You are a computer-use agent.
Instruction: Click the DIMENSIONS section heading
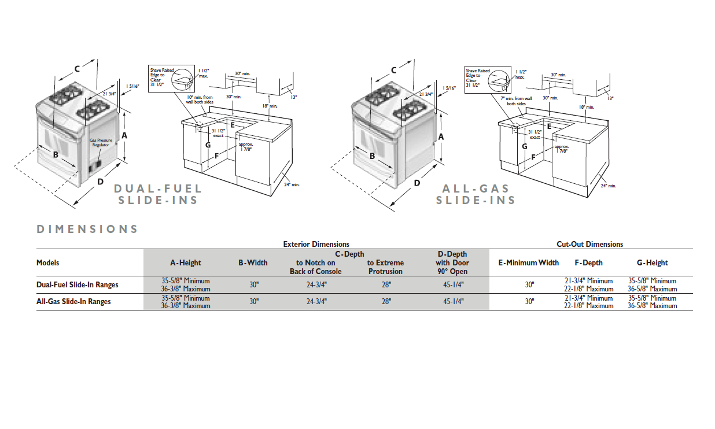click(x=87, y=229)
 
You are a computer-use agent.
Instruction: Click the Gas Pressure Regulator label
click(x=101, y=143)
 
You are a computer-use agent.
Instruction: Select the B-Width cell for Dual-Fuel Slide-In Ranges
click(x=253, y=284)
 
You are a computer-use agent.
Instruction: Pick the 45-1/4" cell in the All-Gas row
click(x=453, y=301)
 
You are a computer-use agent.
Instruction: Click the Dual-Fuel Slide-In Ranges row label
click(x=78, y=284)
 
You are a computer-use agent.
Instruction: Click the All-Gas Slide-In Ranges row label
click(x=73, y=301)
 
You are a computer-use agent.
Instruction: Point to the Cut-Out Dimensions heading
click(x=589, y=244)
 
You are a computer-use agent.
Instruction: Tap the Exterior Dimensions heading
click(x=316, y=244)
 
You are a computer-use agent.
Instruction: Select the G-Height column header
click(x=652, y=262)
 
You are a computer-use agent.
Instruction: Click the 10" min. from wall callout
click(x=200, y=99)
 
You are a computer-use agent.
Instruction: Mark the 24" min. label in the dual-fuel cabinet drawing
click(x=292, y=184)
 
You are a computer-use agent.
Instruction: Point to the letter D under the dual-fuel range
click(x=100, y=182)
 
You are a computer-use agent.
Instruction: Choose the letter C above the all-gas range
click(x=394, y=70)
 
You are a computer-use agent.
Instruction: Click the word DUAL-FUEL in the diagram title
click(x=158, y=188)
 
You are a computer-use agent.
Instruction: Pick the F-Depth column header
click(x=588, y=262)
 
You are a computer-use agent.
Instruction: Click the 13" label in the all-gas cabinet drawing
click(x=610, y=98)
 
